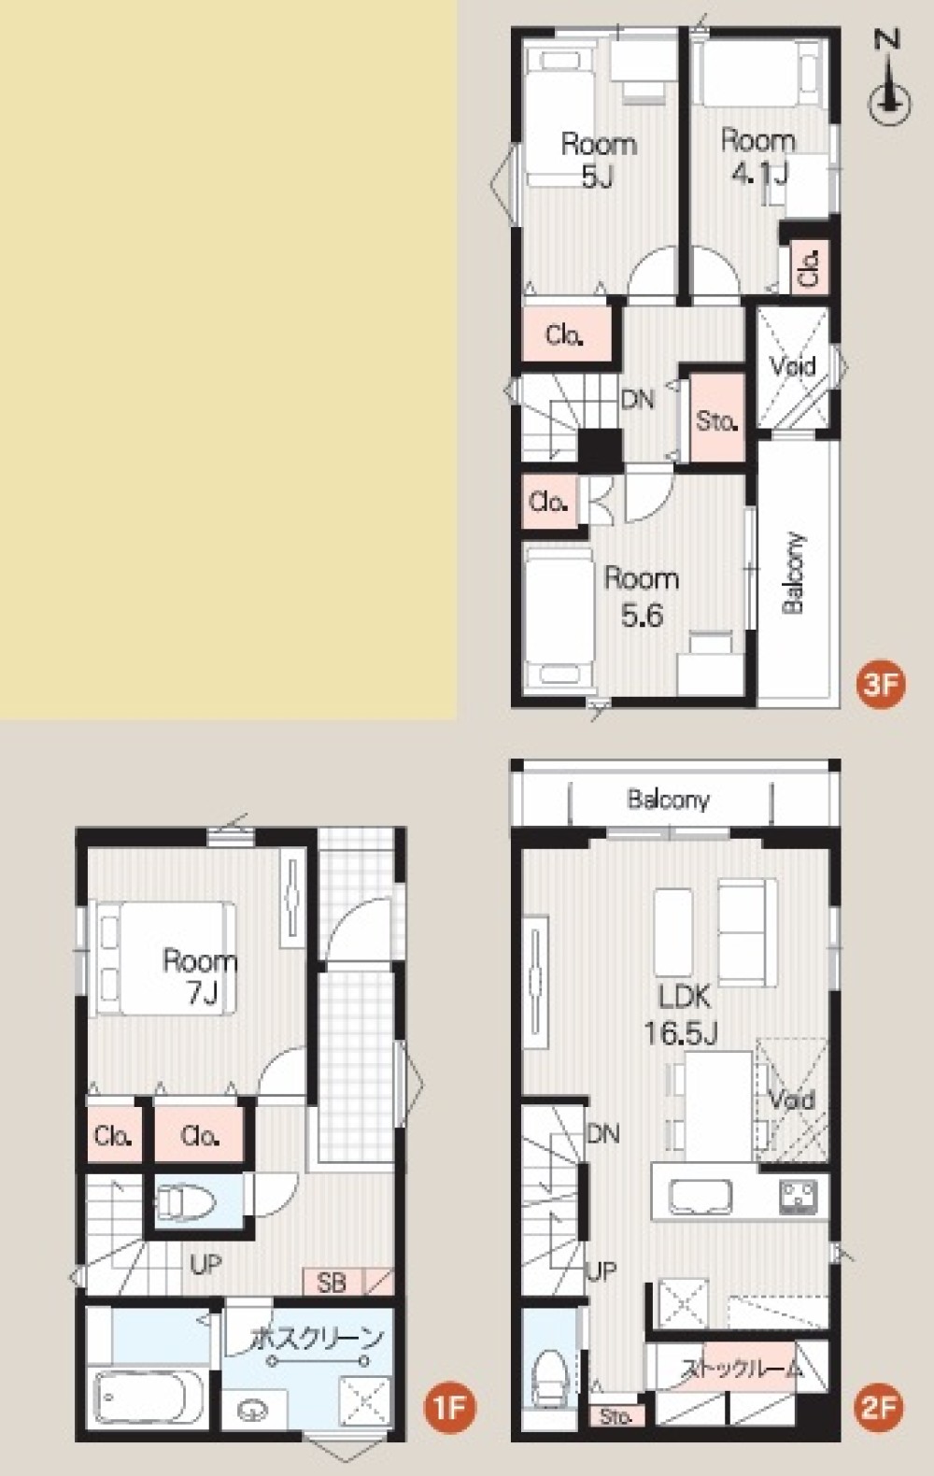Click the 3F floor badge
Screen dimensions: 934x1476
[881, 685]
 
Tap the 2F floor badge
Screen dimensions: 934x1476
[881, 1408]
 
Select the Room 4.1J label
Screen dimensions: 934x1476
[757, 158]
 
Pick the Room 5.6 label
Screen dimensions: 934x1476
[641, 597]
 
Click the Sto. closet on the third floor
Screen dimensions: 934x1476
[716, 419]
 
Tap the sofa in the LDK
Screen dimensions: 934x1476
[747, 931]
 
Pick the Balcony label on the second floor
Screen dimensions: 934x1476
[669, 800]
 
